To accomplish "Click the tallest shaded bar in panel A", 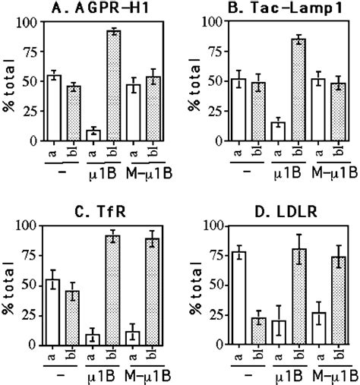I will click(x=114, y=87).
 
